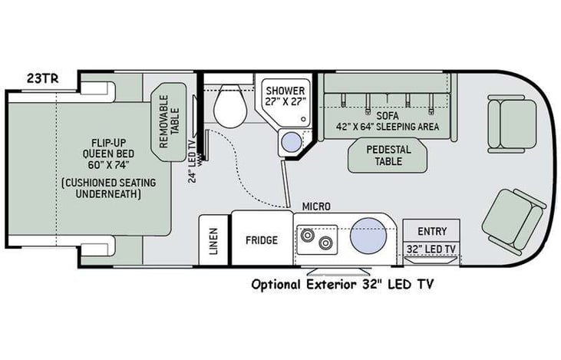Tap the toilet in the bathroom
[x=228, y=108]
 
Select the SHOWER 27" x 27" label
[x=285, y=96]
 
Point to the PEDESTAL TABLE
[x=388, y=156]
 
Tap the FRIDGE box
[x=261, y=239]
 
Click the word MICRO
[x=315, y=206]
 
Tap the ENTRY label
[x=431, y=231]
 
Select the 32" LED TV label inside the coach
[x=431, y=249]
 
